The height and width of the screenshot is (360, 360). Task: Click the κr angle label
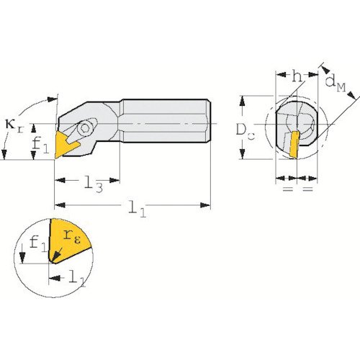point(14,126)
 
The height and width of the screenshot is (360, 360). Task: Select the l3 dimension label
point(94,184)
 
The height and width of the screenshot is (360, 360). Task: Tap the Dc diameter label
point(245,131)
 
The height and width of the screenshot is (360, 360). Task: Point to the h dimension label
point(297,76)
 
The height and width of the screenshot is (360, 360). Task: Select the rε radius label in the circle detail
point(72,237)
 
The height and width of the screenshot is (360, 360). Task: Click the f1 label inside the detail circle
point(38,243)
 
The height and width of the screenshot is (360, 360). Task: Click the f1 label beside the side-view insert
point(40,145)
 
